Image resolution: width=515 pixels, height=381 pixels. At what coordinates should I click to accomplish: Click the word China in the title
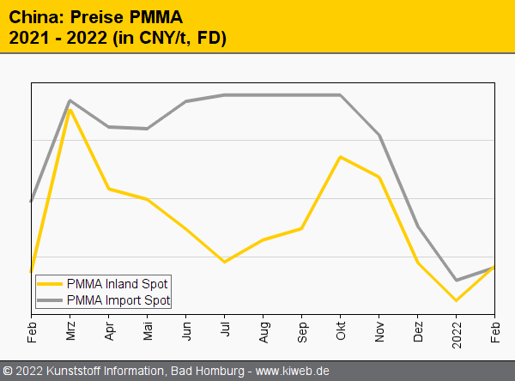pyautogui.click(x=33, y=17)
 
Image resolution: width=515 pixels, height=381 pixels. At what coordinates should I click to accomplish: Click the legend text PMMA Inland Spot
pyautogui.click(x=117, y=283)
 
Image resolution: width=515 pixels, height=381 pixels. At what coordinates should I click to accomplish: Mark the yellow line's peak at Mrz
pyautogui.click(x=70, y=110)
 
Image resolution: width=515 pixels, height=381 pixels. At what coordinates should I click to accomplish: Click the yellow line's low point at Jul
pyautogui.click(x=225, y=262)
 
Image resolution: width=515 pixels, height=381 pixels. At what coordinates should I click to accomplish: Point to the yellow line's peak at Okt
pyautogui.click(x=341, y=157)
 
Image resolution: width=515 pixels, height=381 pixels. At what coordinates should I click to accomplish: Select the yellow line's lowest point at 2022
pyautogui.click(x=457, y=300)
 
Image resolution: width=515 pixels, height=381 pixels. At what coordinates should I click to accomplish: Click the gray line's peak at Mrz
pyautogui.click(x=70, y=100)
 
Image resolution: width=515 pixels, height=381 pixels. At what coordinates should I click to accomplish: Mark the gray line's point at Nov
pyautogui.click(x=379, y=136)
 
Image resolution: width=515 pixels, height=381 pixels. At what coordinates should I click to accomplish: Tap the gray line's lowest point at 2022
pyautogui.click(x=457, y=280)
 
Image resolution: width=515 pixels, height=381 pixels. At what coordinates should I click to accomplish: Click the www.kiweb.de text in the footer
pyautogui.click(x=293, y=371)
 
